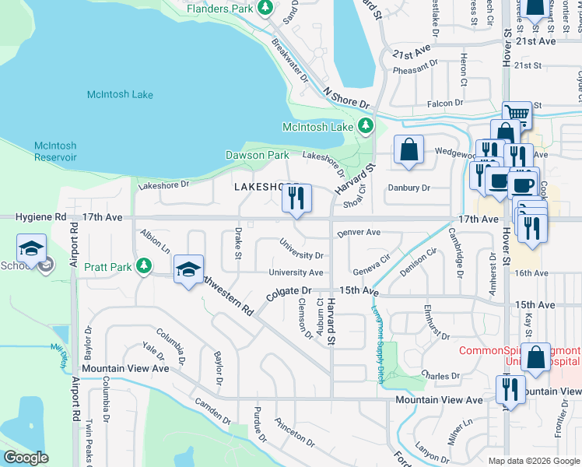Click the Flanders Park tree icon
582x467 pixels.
pos(265,8)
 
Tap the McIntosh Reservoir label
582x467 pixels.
pos(55,151)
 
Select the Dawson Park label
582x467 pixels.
pos(257,155)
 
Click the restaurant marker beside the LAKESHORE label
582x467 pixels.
pos(296,199)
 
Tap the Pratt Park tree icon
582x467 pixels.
pos(143,266)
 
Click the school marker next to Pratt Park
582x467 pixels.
pos(188,270)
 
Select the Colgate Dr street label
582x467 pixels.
pos(289,290)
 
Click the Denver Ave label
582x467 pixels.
pos(358,232)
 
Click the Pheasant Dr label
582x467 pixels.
pos(421,68)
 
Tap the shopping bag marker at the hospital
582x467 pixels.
pos(536,358)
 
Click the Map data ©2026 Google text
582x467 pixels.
pos(533,461)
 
